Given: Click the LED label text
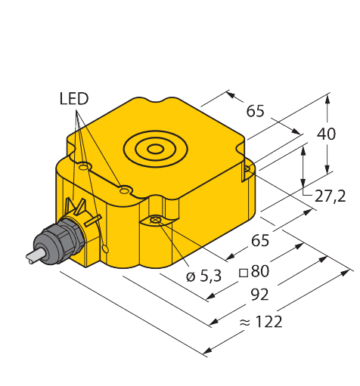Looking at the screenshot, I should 73,99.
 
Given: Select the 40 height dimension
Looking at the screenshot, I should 326,134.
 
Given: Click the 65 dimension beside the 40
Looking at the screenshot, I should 256,111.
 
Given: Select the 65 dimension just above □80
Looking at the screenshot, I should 259,242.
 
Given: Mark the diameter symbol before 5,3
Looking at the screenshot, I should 191,277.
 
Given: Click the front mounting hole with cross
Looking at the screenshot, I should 155,220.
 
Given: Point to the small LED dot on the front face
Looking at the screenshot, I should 105,249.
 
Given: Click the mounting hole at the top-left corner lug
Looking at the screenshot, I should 85,165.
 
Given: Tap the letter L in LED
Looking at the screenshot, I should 63,99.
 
